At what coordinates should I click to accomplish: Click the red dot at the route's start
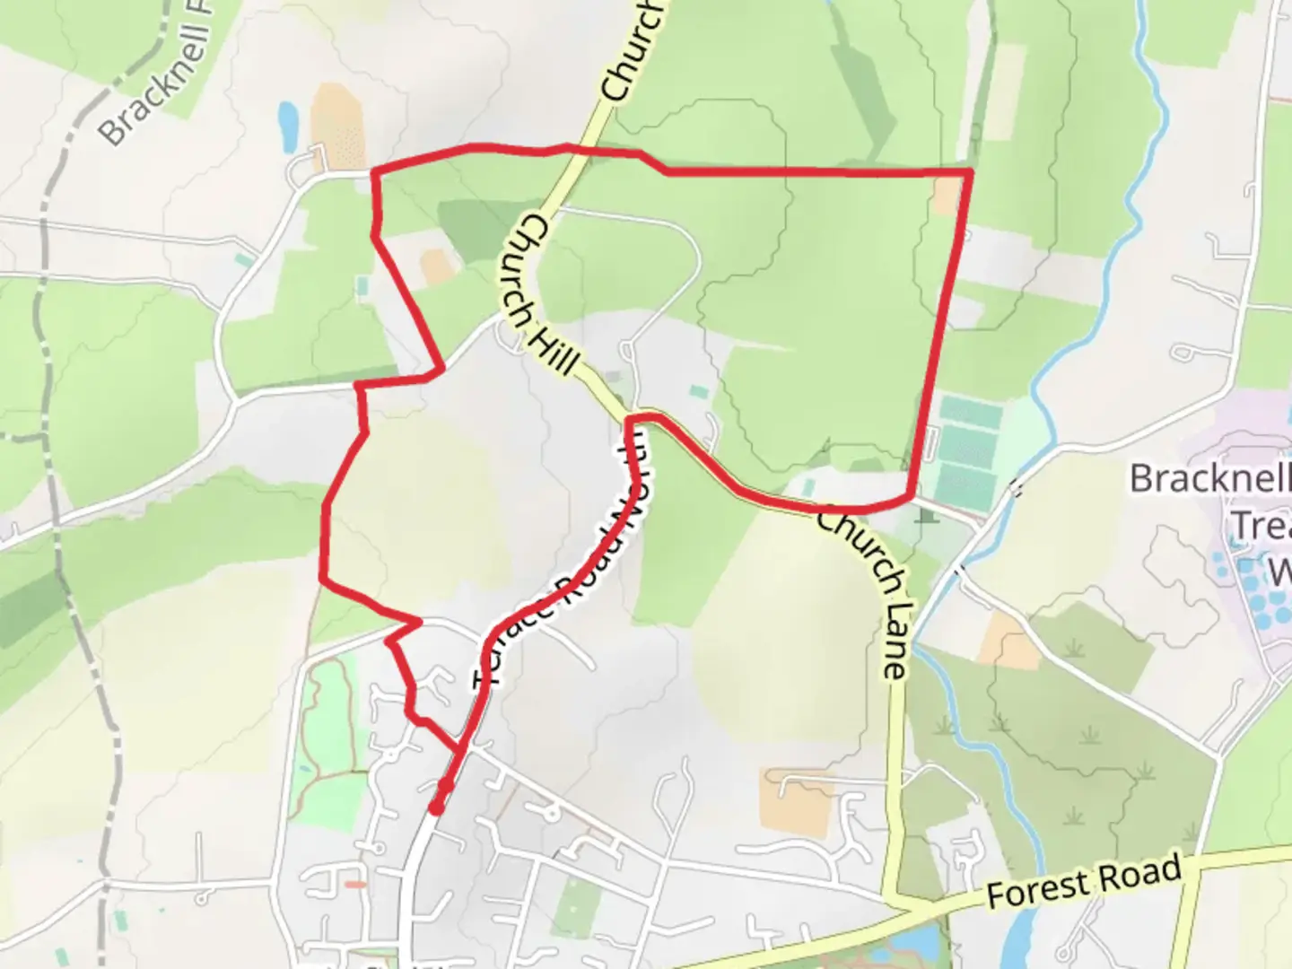436,808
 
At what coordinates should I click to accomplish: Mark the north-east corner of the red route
970,170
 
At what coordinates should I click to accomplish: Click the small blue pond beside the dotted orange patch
288,126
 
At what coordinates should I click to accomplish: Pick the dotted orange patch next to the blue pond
337,126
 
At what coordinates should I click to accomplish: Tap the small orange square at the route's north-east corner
946,195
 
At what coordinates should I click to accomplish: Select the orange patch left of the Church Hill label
437,266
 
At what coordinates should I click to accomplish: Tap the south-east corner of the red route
912,494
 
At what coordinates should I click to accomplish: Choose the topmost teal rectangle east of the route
971,415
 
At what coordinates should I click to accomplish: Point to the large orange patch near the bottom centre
798,803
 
